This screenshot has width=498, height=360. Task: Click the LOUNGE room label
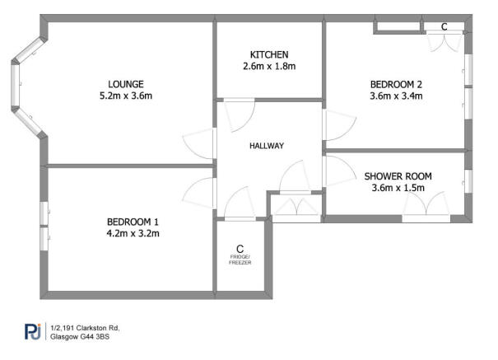coord(126,83)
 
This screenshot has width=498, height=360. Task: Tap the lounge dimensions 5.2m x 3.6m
coord(126,96)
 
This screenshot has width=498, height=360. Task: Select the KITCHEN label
coord(268,54)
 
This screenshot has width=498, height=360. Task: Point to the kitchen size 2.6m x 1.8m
coord(268,67)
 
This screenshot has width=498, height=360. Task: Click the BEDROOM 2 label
coord(396,83)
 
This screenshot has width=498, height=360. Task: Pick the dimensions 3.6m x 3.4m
coord(396,96)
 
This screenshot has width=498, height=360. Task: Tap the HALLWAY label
coord(267,146)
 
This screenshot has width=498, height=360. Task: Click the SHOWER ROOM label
coord(398,176)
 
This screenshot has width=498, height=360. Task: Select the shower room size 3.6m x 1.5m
coord(398,189)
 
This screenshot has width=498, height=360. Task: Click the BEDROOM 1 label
coord(133,221)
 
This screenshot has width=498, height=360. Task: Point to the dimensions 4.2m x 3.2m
coord(133,233)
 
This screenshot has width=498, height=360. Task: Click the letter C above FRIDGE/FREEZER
coord(240,248)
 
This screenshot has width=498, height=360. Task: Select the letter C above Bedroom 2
coord(444,27)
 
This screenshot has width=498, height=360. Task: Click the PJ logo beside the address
coord(33,331)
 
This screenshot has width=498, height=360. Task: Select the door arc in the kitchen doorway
coord(240,114)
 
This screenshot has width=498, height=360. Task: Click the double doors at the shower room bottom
coord(426,207)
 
